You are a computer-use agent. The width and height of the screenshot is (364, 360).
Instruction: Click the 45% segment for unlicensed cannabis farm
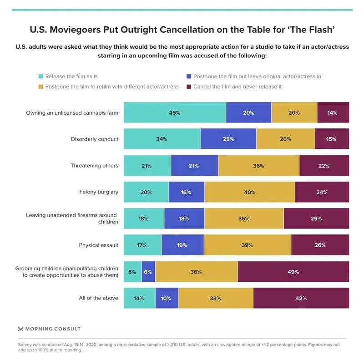point(175,112)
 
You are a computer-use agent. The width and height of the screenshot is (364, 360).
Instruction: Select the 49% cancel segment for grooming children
point(293,272)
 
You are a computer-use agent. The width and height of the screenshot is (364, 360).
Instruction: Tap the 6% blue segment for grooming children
point(148,272)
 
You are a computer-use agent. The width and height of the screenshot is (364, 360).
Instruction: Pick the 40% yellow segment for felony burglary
point(250,192)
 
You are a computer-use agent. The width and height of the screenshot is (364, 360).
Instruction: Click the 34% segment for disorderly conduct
point(162,139)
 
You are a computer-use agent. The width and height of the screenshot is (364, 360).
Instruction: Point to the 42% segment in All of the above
point(301,298)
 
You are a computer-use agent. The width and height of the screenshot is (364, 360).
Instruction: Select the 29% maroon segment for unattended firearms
point(316,218)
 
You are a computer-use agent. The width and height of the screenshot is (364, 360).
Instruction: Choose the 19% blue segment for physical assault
point(182,245)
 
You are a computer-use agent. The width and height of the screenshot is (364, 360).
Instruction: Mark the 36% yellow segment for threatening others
point(258,166)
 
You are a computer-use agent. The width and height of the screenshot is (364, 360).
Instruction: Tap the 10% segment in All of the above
point(167,298)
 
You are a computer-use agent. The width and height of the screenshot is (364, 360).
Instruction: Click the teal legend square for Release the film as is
point(40,76)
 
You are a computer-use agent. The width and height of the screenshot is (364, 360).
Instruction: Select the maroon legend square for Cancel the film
point(189,86)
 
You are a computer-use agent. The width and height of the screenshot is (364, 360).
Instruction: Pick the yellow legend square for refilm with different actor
point(40,86)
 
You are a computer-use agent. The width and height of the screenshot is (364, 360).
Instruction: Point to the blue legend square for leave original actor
point(189,76)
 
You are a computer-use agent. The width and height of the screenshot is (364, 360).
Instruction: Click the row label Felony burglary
point(99,192)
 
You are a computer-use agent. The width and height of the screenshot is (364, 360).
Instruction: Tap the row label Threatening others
point(94,166)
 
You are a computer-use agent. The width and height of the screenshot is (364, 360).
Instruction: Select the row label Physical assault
point(98,245)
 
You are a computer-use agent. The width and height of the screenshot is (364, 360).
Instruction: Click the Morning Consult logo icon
point(20,329)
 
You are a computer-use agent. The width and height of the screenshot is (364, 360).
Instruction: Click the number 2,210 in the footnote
point(172,345)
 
